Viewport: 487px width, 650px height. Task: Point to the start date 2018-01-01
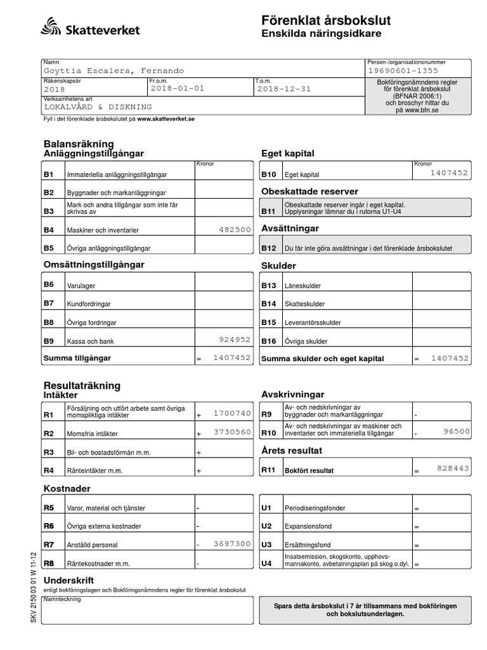pos(178,89)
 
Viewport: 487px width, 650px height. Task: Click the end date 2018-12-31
pos(284,89)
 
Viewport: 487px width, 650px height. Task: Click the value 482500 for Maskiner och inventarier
pos(234,230)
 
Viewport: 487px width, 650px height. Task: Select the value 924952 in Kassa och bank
pos(234,340)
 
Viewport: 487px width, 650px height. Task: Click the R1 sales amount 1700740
pos(233,413)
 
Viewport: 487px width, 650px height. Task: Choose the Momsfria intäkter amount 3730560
pos(233,432)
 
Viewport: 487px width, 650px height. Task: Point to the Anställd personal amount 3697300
pos(233,544)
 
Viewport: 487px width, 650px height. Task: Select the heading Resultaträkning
pos(82,385)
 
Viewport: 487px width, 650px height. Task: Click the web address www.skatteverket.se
pos(166,119)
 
